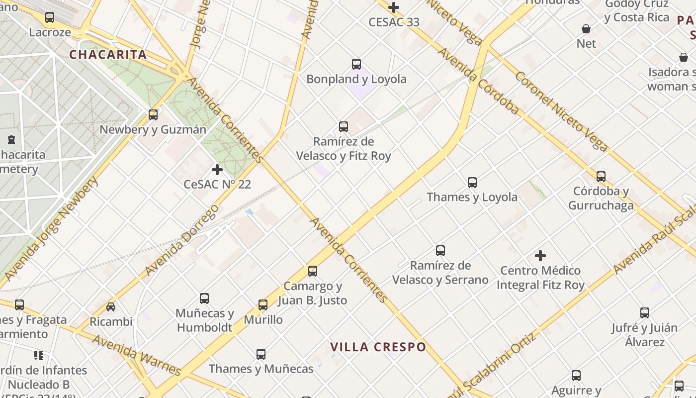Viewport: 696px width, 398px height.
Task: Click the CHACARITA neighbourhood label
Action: coord(108,55)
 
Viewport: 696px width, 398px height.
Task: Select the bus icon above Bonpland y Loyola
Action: coord(356,64)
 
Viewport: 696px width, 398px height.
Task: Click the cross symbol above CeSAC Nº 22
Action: coord(217,170)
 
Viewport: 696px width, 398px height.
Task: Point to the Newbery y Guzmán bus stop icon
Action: coord(153,115)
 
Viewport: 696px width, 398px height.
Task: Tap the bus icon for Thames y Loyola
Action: coord(472,183)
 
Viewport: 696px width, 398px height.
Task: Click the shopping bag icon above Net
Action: coord(587,29)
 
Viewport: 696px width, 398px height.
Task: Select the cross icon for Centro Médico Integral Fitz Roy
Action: coord(540,256)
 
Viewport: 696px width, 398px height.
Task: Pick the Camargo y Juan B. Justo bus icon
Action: coord(313,271)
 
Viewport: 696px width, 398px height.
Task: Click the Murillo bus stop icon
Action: coord(263,305)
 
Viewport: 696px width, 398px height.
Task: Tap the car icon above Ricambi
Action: coord(111,307)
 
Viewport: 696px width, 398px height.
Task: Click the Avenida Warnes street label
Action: coord(137,355)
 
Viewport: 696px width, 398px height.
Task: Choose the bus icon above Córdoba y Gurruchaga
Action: coord(601,177)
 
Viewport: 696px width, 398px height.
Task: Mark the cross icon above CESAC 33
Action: coord(394,7)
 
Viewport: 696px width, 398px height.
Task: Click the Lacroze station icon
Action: coord(50,17)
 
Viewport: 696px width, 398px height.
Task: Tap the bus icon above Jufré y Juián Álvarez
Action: coord(645,313)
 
